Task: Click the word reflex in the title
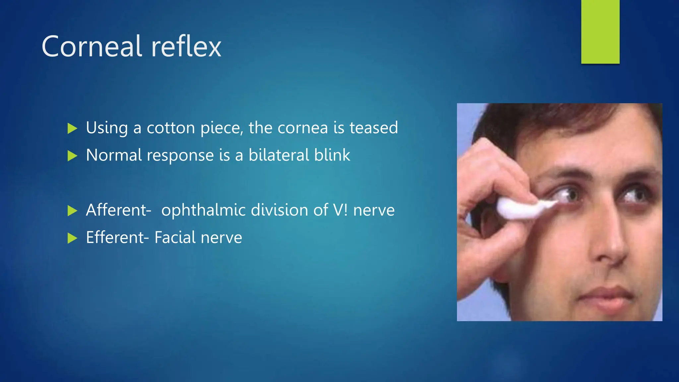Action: click(x=186, y=46)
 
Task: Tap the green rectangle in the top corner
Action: click(x=600, y=32)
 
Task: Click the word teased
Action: click(x=374, y=128)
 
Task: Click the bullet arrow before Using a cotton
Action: click(x=72, y=128)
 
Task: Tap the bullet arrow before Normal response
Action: click(x=72, y=156)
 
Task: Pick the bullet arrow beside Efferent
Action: click(x=72, y=238)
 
